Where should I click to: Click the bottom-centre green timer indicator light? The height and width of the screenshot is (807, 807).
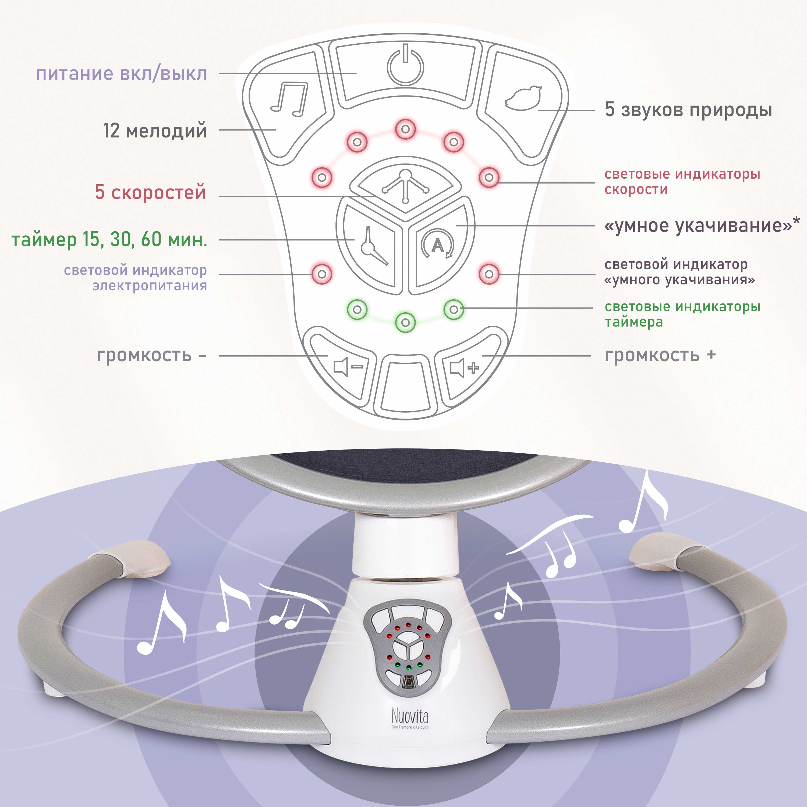coord(405,322)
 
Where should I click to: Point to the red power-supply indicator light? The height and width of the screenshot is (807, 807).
coord(322,274)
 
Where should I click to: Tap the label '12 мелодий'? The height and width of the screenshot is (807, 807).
coord(155,131)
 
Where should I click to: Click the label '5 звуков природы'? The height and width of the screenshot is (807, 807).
coord(688,110)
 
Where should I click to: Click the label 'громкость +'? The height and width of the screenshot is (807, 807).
coord(660,355)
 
